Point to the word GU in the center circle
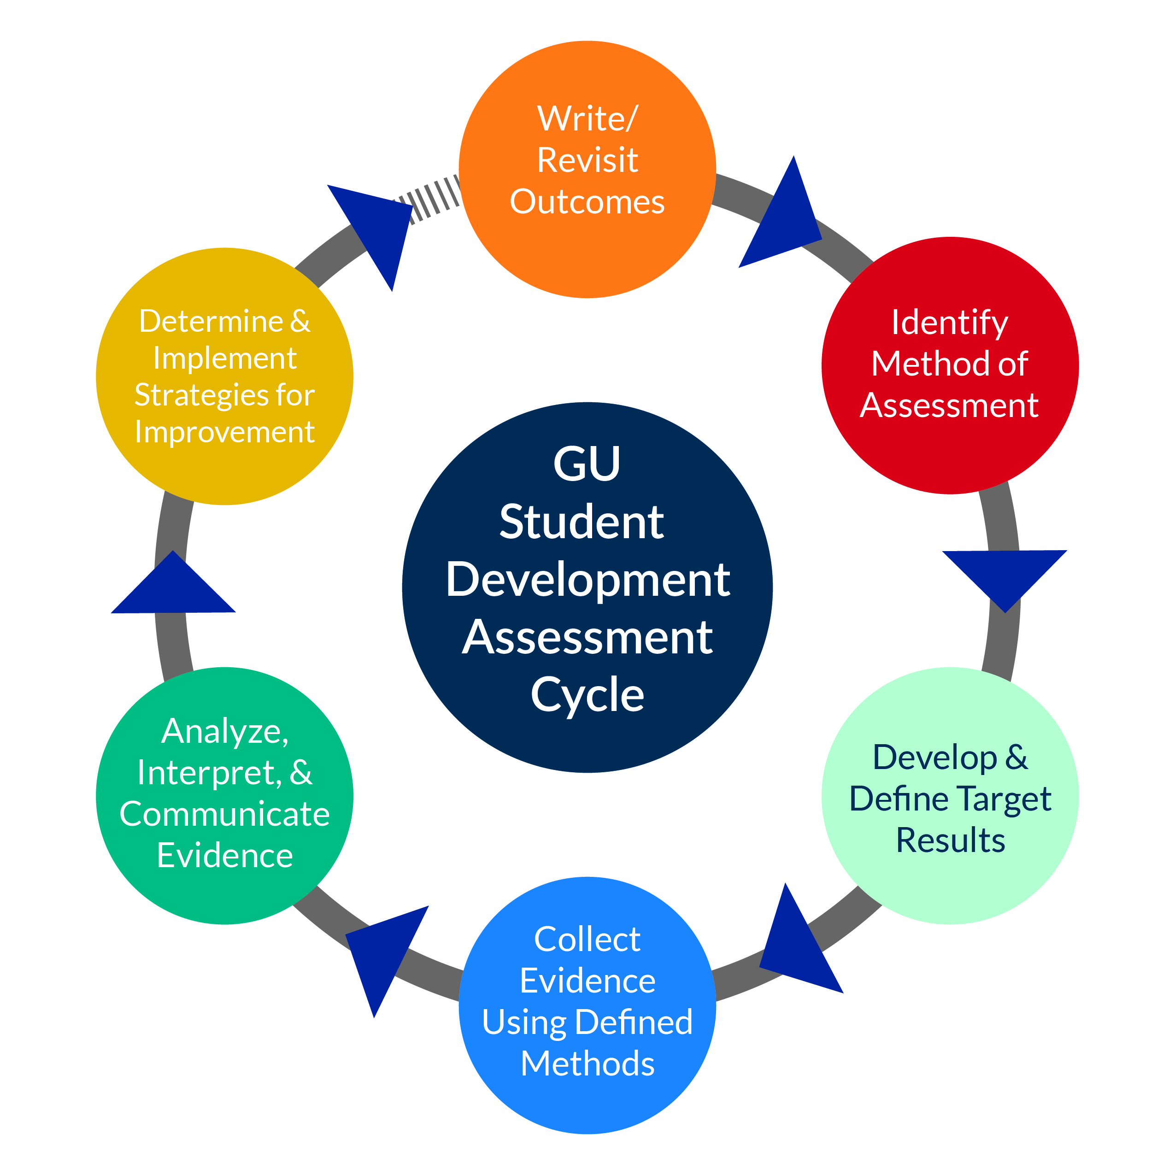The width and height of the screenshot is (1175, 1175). coord(587,464)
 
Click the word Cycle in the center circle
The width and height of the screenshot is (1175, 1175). coord(587,694)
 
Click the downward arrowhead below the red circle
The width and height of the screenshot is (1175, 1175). coord(1005,575)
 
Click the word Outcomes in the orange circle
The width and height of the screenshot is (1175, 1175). coord(587,201)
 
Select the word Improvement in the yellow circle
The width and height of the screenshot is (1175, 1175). coord(224,432)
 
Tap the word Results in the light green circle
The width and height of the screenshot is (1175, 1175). coord(950,840)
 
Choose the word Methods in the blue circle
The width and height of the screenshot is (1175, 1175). coord(587,1063)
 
